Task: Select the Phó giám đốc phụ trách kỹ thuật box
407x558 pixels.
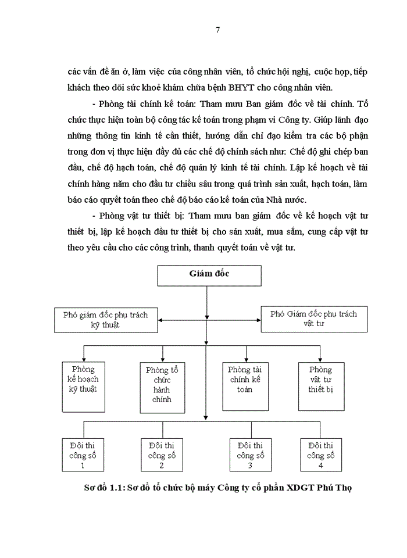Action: click(105, 320)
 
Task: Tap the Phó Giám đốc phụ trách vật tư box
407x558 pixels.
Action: click(313, 319)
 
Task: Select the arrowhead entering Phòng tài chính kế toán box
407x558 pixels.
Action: click(247, 359)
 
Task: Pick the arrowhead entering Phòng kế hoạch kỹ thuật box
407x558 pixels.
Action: click(84, 359)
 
